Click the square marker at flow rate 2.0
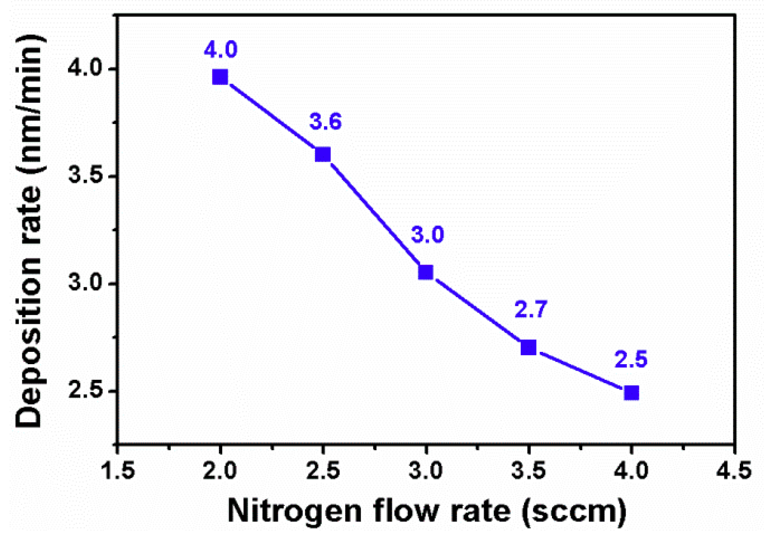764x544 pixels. point(220,77)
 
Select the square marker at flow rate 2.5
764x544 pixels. point(323,154)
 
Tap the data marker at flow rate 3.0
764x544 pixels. point(426,272)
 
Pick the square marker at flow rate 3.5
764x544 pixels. point(529,348)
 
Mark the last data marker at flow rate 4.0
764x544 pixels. point(631,393)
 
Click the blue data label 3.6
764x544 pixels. point(326,122)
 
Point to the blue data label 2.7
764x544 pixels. point(531,309)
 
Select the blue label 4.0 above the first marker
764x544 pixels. point(221,49)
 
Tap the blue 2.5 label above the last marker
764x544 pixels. point(631,359)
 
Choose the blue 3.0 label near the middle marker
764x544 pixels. point(428,235)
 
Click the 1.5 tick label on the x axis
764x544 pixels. point(118,470)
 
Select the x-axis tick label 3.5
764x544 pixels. point(529,470)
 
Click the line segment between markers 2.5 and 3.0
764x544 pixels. point(374,213)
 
